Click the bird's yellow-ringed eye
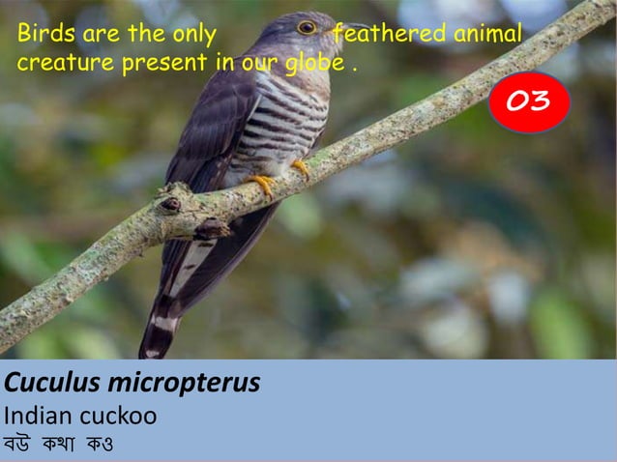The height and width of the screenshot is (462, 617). click(x=307, y=27)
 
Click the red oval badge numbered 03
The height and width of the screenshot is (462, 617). click(x=529, y=101)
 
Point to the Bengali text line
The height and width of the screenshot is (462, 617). click(x=59, y=448)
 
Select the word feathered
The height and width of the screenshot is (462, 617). click(x=388, y=36)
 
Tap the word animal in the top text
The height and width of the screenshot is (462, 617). click(x=486, y=36)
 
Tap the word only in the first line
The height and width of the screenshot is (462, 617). click(x=194, y=36)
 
